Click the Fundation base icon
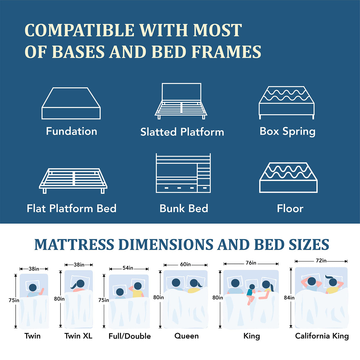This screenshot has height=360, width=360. [x=71, y=103]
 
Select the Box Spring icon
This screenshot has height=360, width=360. [x=286, y=103]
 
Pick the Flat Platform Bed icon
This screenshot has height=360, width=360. [x=73, y=181]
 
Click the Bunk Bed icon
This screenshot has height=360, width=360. [x=183, y=173]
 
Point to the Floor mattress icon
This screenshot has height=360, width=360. [x=288, y=178]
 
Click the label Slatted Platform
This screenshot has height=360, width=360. [x=182, y=132]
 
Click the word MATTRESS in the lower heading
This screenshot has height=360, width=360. [x=74, y=245]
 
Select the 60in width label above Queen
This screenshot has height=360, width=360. [x=185, y=264]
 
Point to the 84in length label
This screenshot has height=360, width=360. [x=289, y=297]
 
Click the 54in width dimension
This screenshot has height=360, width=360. [x=128, y=268]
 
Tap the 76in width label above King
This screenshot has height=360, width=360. [x=251, y=263]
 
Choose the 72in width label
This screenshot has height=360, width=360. [x=321, y=261]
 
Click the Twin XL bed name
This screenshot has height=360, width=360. [x=78, y=336]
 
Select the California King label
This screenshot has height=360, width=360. [x=322, y=336]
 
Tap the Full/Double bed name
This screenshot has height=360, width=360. [x=130, y=336]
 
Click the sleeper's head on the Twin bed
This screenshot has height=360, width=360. [x=33, y=287]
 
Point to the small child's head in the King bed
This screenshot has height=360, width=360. [x=252, y=287]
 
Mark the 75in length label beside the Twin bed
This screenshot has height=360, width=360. [x=14, y=300]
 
